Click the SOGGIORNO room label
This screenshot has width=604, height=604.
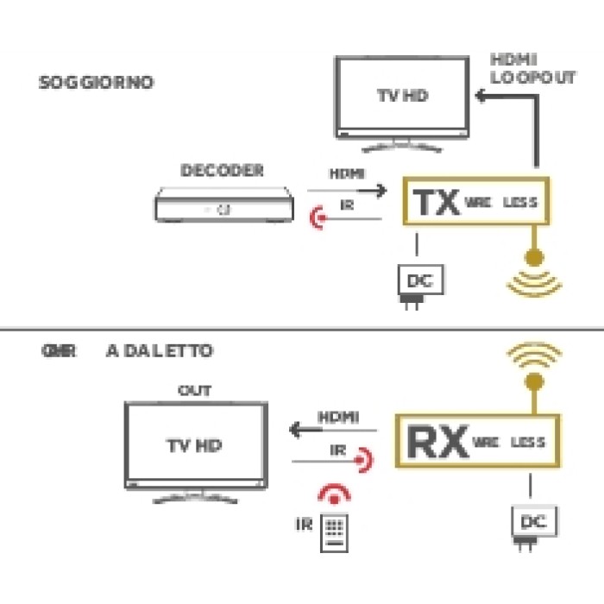96,84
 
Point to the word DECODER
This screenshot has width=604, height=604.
222,171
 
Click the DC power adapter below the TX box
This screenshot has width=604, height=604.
417,284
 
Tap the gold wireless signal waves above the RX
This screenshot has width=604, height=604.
533,355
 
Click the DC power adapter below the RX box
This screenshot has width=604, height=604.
535,523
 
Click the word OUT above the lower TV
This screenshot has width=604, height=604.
194,391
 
